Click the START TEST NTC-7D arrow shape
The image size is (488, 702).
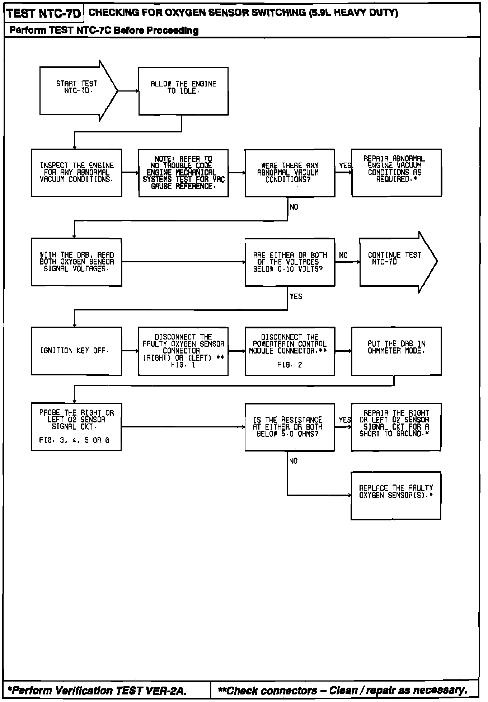coord(77,91)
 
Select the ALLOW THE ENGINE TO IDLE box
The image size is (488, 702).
coord(183,91)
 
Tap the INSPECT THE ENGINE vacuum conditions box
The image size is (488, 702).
coord(76,173)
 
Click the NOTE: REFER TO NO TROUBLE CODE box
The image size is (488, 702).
coord(183,173)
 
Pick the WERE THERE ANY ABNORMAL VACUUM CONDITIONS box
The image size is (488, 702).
coord(290,173)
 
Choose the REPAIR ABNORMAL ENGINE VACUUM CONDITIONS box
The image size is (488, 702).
coord(396,173)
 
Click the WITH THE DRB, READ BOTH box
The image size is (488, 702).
coord(76,262)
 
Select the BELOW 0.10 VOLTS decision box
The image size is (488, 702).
coord(290,262)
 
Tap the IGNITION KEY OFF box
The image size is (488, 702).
coord(76,351)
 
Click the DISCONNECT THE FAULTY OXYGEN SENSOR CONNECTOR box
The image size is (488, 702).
coord(183,351)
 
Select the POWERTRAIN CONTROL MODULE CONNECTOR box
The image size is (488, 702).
coord(290,351)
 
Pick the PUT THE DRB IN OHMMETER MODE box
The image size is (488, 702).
coord(396,351)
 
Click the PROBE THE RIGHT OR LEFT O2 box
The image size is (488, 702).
coord(76,427)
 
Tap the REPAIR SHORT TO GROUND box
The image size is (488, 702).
coord(396,427)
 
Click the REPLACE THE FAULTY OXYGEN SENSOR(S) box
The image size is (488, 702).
coord(396,496)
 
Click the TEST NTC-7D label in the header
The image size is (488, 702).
coord(44,14)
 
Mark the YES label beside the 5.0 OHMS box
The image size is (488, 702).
coord(345,420)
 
